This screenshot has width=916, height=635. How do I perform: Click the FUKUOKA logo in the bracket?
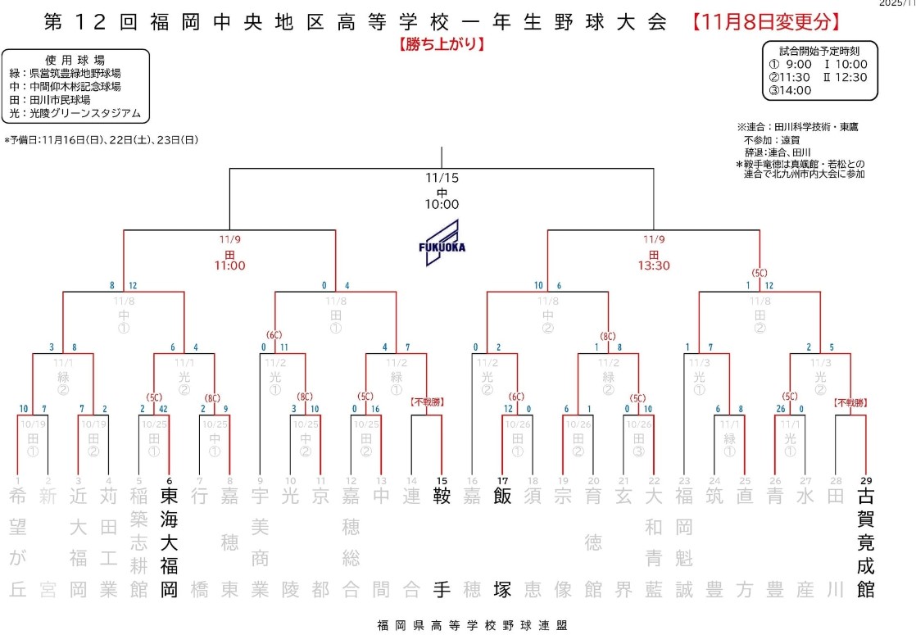(x=442, y=238)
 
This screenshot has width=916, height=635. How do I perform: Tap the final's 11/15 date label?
(x=442, y=177)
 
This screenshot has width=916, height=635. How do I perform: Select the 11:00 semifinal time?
(x=229, y=266)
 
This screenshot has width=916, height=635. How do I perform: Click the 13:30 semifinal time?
(x=653, y=266)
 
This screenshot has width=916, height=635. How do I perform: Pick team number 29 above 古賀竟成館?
(x=865, y=480)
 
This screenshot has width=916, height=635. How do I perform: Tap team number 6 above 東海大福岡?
(x=169, y=480)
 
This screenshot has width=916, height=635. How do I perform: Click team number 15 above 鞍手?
(x=442, y=480)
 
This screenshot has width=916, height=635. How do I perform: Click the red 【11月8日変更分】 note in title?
(x=766, y=22)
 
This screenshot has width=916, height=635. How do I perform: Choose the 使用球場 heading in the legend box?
(x=76, y=60)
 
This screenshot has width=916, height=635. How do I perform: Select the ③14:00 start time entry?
(x=789, y=91)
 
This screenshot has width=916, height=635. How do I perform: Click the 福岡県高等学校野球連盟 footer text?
(x=468, y=625)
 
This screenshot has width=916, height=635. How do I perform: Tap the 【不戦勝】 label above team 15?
(x=428, y=402)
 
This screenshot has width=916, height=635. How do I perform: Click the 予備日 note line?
(x=102, y=140)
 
